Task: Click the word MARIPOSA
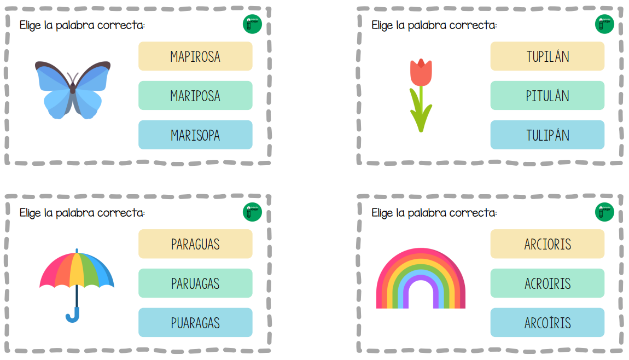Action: [195, 96]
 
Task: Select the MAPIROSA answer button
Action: [195, 56]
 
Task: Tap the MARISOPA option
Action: [195, 135]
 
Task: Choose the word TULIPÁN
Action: [547, 135]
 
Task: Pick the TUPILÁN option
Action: [547, 56]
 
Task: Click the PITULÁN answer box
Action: [547, 96]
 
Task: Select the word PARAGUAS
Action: [195, 244]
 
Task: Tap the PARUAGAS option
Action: [195, 283]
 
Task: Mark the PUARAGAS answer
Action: [195, 323]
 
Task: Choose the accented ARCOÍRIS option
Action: [547, 323]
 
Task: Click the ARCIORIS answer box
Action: [547, 244]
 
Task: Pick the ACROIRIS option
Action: [547, 283]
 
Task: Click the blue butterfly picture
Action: [73, 89]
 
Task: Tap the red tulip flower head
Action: [421, 72]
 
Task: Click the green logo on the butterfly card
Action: [252, 24]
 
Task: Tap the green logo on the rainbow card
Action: [604, 212]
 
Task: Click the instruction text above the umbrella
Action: [82, 213]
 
